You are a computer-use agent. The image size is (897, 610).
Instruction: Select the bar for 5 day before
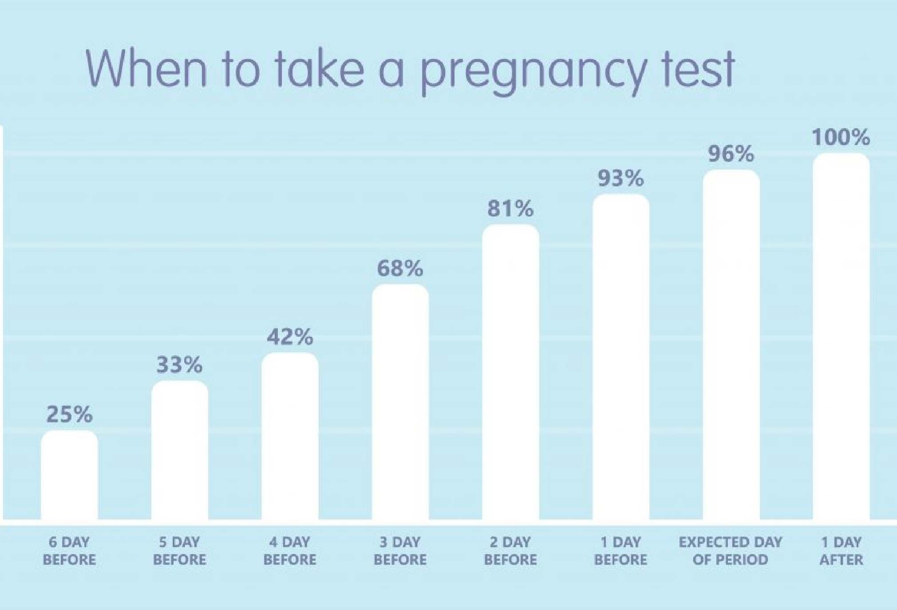[180, 450]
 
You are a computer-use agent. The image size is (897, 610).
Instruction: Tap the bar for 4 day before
[290, 436]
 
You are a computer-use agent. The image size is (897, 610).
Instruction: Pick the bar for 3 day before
[400, 402]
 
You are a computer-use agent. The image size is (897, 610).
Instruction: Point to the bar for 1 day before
[620, 357]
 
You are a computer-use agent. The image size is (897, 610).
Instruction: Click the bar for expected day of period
[731, 345]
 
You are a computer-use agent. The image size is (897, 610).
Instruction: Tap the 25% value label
[69, 414]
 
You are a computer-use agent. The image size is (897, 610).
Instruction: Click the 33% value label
[180, 365]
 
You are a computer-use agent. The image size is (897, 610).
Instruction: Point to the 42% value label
[290, 337]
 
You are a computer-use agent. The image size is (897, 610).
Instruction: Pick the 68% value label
[400, 268]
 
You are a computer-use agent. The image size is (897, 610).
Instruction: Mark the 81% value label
[510, 209]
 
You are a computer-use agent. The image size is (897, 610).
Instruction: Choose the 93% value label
[620, 178]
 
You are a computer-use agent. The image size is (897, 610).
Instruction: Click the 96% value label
[731, 154]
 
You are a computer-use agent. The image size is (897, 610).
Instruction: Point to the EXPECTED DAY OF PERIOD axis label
[731, 551]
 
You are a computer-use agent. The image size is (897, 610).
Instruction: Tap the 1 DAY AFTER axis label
[841, 551]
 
